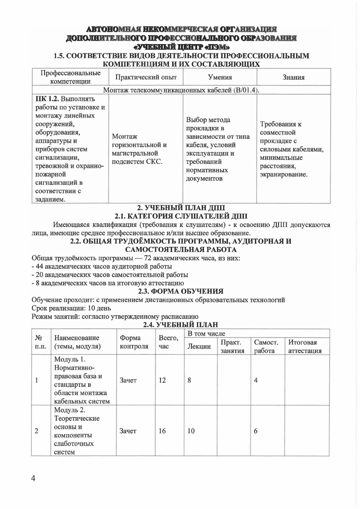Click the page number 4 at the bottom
click(33, 479)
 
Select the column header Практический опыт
click(146, 77)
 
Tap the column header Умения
click(220, 77)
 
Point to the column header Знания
click(294, 77)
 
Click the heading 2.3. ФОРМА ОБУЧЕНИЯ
click(181, 291)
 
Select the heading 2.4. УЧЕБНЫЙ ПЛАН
click(181, 325)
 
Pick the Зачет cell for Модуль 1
click(128, 380)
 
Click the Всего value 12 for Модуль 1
click(162, 380)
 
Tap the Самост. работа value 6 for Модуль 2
click(256, 431)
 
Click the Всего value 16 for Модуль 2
click(162, 431)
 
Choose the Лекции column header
click(199, 346)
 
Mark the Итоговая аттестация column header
click(305, 346)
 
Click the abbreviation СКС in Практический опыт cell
click(154, 161)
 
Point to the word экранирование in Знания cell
click(283, 174)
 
